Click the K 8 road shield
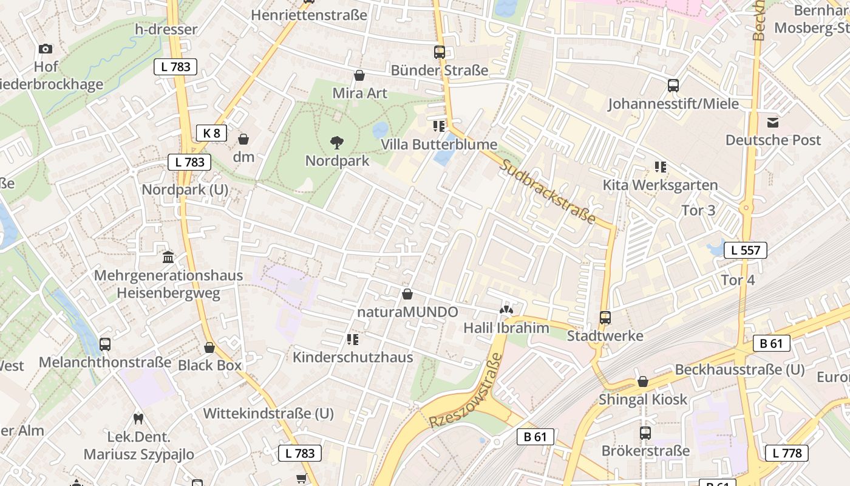[211, 133]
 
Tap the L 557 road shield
[746, 250]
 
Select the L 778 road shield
[787, 453]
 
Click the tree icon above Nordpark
[337, 143]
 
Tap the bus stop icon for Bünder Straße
[439, 52]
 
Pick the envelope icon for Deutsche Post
[773, 123]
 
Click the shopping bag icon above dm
[243, 139]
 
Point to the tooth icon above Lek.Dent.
[138, 419]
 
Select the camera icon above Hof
[46, 49]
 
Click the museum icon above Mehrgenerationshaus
[168, 257]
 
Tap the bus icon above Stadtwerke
[605, 317]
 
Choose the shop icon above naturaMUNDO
[407, 294]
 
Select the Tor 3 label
[698, 211]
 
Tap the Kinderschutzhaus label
[353, 357]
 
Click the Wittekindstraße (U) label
[268, 414]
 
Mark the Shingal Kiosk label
[643, 399]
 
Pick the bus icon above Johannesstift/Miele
[673, 86]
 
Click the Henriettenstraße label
[309, 15]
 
